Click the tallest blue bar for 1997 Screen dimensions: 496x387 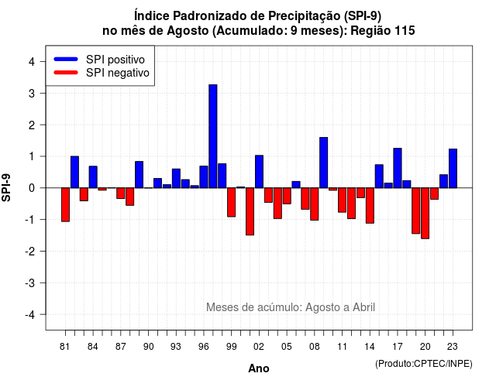pyautogui.click(x=213, y=136)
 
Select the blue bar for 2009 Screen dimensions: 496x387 pyautogui.click(x=324, y=163)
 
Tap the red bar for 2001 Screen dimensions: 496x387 pyautogui.click(x=250, y=211)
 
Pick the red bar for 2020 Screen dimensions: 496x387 pyautogui.click(x=425, y=214)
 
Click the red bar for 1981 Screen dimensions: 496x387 pyautogui.click(x=65, y=204)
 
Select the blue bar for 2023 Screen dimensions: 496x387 pyautogui.click(x=453, y=169)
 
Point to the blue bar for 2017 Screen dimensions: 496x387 pyautogui.click(x=398, y=168)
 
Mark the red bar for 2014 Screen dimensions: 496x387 pyautogui.click(x=370, y=206)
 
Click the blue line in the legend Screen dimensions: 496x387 pyautogui.click(x=66, y=59)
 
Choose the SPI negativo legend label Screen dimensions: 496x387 pyautogui.click(x=118, y=73)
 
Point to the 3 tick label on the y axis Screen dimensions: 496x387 pyautogui.click(x=32, y=94)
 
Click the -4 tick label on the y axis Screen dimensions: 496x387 pyautogui.click(x=30, y=315)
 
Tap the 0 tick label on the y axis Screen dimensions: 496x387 pyautogui.click(x=32, y=188)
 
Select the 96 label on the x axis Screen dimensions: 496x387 pyautogui.click(x=204, y=347)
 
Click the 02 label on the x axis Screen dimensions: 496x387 pyautogui.click(x=259, y=347)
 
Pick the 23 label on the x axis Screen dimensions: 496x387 pyautogui.click(x=453, y=347)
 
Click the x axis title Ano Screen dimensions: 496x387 pyautogui.click(x=259, y=368)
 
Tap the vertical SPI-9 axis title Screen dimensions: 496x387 pyautogui.click(x=6, y=187)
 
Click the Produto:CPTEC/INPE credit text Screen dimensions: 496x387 pyautogui.click(x=424, y=364)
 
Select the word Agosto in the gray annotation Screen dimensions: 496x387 pyautogui.click(x=322, y=307)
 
